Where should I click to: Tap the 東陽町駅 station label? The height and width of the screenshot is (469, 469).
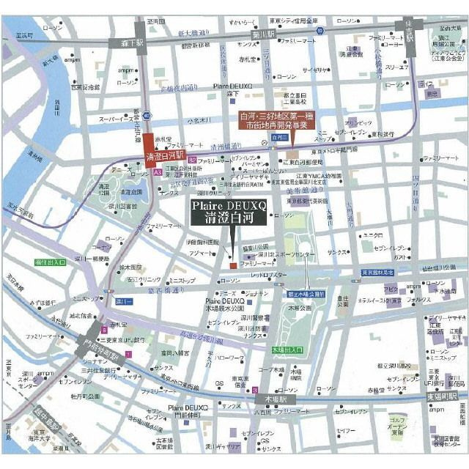(x=446, y=396)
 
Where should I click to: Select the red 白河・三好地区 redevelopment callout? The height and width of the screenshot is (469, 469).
(x=277, y=120)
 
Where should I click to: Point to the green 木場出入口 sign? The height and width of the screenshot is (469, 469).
(x=288, y=350)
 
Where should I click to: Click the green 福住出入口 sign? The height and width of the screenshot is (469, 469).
(x=50, y=262)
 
